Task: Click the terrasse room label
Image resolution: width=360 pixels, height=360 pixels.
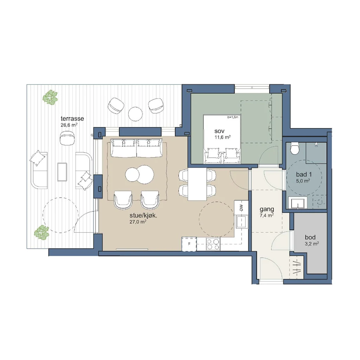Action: (72, 118)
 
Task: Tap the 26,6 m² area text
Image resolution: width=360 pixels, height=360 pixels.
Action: (69, 125)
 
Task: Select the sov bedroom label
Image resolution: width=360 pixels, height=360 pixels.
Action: (219, 131)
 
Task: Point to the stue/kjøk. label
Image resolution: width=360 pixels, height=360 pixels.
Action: (143, 216)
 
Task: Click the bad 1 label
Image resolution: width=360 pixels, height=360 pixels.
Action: (304, 174)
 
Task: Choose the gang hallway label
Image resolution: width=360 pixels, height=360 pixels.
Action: (266, 210)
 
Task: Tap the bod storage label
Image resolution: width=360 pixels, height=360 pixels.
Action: (310, 237)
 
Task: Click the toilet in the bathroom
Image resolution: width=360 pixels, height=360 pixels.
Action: (294, 148)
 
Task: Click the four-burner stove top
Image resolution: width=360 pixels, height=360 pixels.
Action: (213, 244)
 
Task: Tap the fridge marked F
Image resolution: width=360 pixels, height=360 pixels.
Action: (189, 244)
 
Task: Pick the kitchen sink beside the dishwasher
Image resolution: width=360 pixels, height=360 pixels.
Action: (242, 222)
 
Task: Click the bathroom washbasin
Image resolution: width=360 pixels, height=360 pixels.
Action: (297, 203)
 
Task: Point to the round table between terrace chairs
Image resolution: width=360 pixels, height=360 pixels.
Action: (135, 114)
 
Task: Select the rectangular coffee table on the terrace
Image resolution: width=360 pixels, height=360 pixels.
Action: (62, 172)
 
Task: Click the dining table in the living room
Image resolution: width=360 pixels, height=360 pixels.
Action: (197, 184)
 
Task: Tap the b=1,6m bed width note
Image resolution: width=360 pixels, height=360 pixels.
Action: (233, 117)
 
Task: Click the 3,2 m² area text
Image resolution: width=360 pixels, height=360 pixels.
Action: (311, 244)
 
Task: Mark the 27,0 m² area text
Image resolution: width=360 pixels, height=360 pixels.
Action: (138, 222)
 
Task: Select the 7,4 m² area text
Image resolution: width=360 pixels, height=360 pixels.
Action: (266, 216)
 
